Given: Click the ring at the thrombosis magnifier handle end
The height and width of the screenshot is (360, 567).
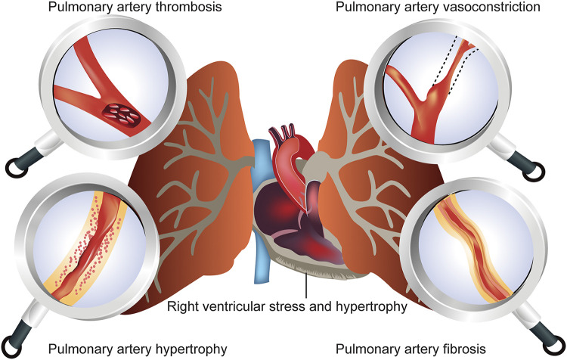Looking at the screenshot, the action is [15, 166].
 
